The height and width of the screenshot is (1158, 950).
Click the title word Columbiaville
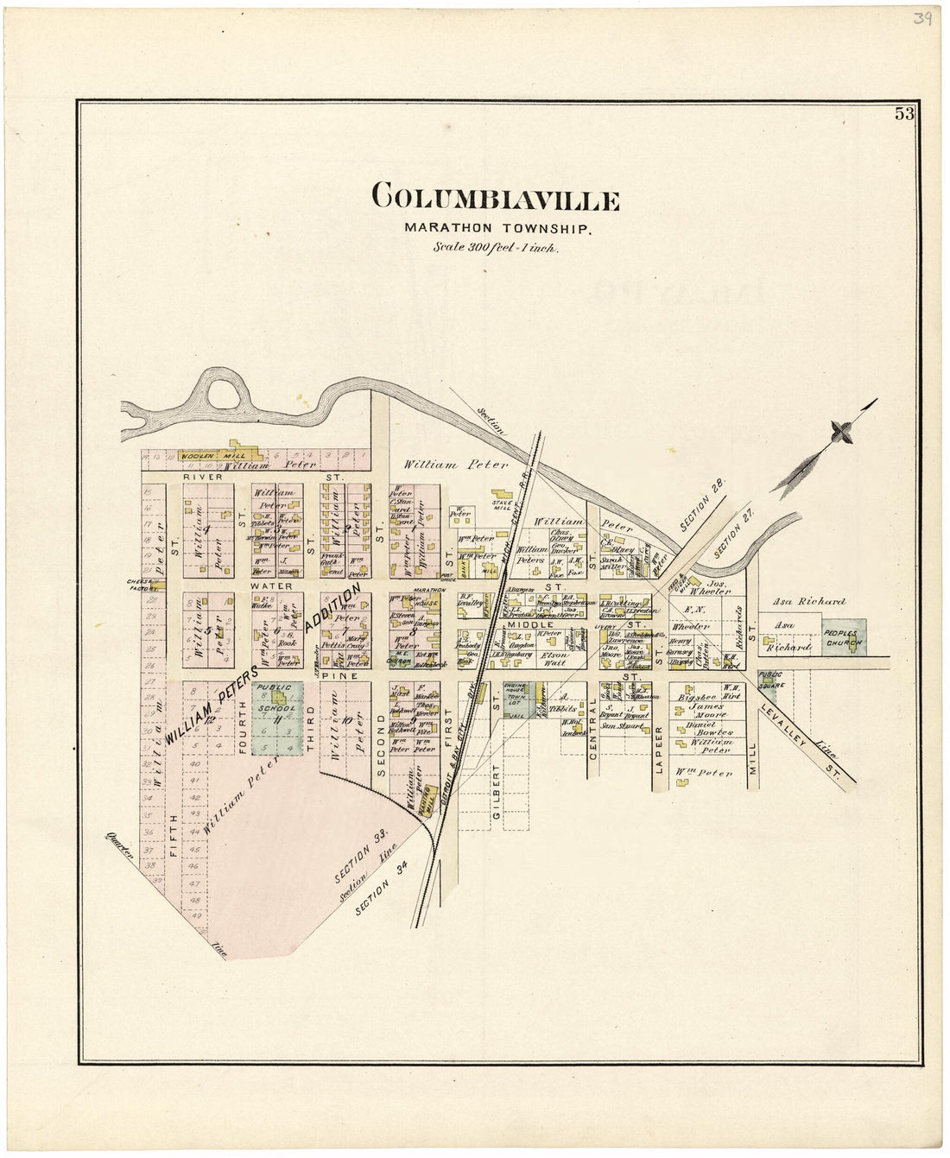tap(495, 199)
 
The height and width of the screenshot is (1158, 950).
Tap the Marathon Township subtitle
tap(497, 229)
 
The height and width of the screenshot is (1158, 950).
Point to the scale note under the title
tap(496, 247)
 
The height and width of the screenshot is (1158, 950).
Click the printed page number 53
tap(903, 114)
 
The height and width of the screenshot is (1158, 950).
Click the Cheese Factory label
tap(142, 585)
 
